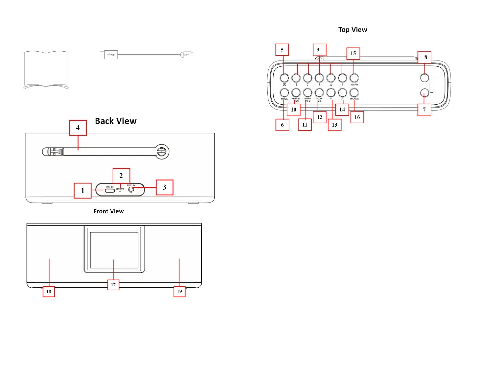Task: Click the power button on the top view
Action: pyautogui.click(x=284, y=78)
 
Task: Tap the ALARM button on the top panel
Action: pyautogui.click(x=354, y=78)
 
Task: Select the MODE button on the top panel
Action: pyautogui.click(x=284, y=93)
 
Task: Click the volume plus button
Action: pyautogui.click(x=424, y=78)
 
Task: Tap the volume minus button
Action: pyautogui.click(x=424, y=93)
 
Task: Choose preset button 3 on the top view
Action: pyautogui.click(x=319, y=78)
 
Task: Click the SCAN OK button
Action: pyautogui.click(x=319, y=93)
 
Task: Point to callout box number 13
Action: pyautogui.click(x=334, y=125)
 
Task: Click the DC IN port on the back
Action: pyautogui.click(x=109, y=190)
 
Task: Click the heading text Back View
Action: pyautogui.click(x=116, y=121)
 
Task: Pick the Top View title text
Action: pyautogui.click(x=353, y=30)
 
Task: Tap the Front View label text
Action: pyautogui.click(x=109, y=211)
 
